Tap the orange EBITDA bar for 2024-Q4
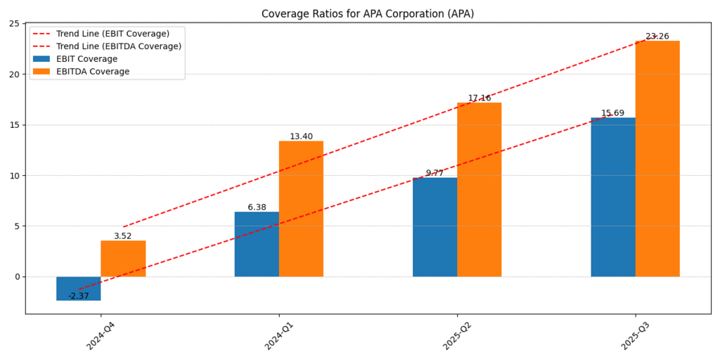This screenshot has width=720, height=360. pyautogui.click(x=123, y=259)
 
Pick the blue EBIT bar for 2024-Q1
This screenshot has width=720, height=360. pyautogui.click(x=257, y=244)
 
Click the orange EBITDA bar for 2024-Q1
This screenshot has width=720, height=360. pyautogui.click(x=301, y=209)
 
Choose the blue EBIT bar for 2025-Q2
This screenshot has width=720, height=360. pyautogui.click(x=435, y=226)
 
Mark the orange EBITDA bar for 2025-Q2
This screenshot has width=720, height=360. pyautogui.click(x=480, y=190)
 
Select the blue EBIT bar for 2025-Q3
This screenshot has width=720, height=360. pyautogui.click(x=613, y=197)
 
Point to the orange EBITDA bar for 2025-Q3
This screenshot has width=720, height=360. pyautogui.click(x=657, y=159)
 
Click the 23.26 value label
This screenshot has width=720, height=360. pyautogui.click(x=657, y=37)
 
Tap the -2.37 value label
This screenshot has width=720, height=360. pyautogui.click(x=79, y=296)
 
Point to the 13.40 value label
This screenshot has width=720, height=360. pyautogui.click(x=301, y=136)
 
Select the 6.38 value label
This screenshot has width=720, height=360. pyautogui.click(x=257, y=207)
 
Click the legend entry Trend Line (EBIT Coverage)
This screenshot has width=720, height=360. pyautogui.click(x=112, y=34)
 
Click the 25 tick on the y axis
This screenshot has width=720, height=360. pyautogui.click(x=14, y=24)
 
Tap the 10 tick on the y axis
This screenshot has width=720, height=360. pyautogui.click(x=14, y=176)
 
